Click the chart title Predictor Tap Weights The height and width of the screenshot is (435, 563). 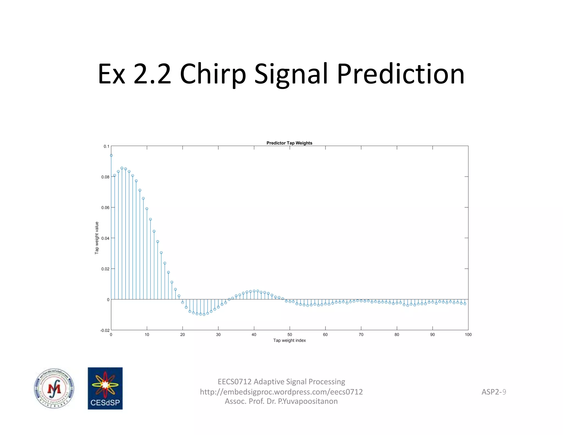point(289,143)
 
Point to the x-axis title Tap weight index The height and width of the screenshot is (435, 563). point(289,340)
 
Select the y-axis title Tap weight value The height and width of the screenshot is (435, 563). point(96,238)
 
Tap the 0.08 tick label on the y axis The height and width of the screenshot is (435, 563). point(105,177)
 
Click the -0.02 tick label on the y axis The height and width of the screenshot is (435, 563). point(104,330)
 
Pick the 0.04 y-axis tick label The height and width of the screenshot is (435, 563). point(105,238)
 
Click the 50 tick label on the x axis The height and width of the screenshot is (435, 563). point(289,335)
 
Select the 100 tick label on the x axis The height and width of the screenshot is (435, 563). point(468,335)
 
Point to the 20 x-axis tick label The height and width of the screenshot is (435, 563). point(183,335)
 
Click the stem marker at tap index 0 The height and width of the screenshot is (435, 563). point(111,155)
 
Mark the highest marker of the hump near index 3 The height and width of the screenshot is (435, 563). point(122,168)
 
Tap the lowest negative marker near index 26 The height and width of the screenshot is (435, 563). point(204,314)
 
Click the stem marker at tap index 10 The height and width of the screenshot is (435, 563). point(147,209)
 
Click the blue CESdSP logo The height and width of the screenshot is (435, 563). point(105,388)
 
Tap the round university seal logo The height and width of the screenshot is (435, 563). point(54,388)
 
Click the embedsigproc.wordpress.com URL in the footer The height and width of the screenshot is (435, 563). point(281,392)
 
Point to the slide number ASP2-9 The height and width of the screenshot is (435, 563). point(493,392)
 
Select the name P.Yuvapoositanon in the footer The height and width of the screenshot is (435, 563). point(308,401)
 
